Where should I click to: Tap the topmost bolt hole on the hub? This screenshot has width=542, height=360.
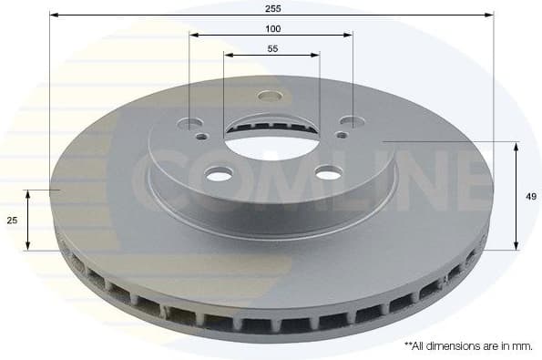271,96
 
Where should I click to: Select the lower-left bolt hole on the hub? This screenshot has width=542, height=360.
219,173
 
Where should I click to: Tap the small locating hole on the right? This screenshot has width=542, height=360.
341,134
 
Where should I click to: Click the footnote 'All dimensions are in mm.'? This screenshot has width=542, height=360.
468,346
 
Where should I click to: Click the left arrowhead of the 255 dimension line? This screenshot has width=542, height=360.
54,15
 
